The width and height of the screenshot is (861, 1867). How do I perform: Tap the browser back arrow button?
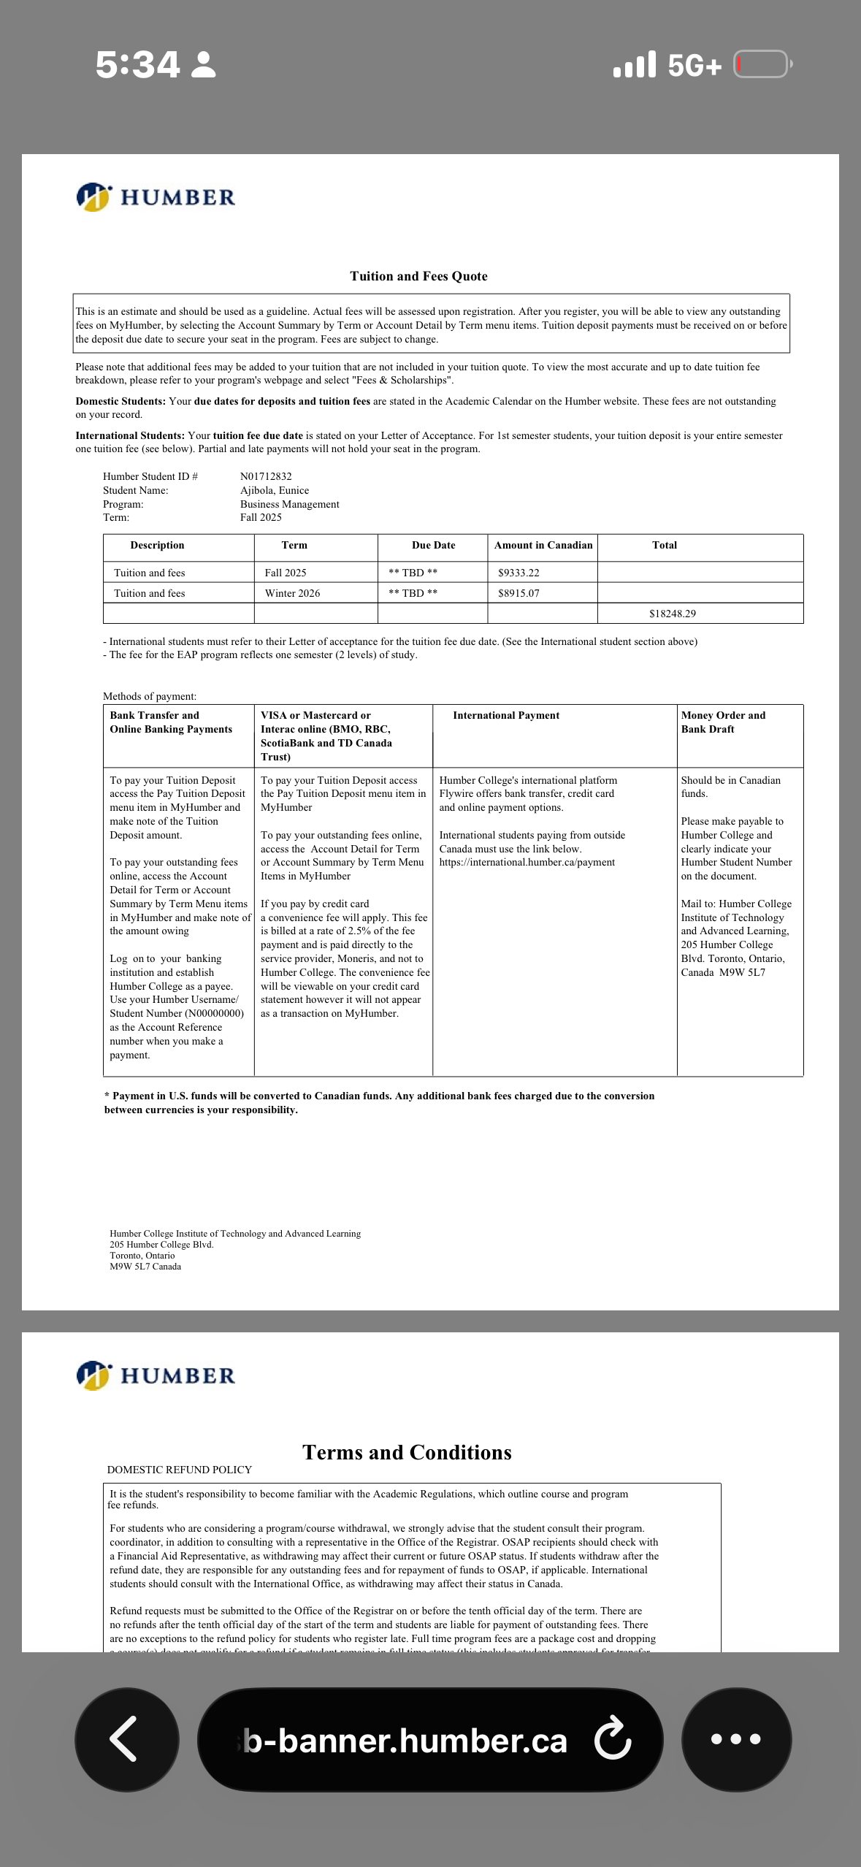coord(126,1739)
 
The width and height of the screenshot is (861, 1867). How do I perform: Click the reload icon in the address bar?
coord(612,1739)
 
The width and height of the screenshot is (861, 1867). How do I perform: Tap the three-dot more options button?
coord(735,1739)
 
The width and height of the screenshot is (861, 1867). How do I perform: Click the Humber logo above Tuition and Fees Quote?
coord(156,197)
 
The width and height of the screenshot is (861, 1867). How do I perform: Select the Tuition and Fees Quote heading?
coord(418,276)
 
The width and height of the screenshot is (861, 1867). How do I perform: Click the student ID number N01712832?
coord(266,476)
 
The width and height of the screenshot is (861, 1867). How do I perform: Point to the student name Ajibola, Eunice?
coord(275,490)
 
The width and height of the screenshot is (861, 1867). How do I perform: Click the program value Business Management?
coord(290,504)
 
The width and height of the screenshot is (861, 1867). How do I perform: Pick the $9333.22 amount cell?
coord(518,573)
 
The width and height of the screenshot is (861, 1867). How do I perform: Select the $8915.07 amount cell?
coord(518,593)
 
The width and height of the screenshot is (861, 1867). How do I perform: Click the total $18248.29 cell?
coord(672,614)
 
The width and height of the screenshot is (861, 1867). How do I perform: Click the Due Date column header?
coord(433,545)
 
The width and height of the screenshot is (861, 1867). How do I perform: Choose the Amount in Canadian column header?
coord(543,545)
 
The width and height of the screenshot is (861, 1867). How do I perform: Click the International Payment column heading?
coord(506,715)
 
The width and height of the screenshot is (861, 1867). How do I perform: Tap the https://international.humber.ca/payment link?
coord(527,863)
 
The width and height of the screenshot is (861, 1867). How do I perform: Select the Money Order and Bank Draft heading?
coord(723,722)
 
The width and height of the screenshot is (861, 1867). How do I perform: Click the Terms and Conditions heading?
coord(407,1452)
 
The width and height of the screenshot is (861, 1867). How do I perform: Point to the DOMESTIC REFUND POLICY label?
coord(180,1470)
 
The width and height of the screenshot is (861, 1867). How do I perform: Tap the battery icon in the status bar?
coord(762,64)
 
